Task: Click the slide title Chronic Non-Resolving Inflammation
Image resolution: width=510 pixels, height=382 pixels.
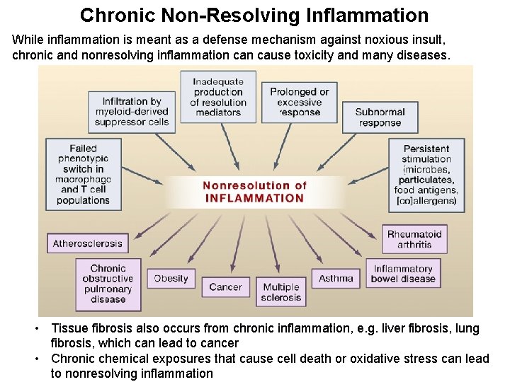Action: point(254,15)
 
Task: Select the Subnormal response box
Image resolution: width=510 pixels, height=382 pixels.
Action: point(380,117)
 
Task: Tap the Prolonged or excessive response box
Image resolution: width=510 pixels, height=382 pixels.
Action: point(299,102)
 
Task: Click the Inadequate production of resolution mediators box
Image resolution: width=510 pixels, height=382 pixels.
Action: point(218,97)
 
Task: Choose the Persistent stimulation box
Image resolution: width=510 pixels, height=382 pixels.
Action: point(426,174)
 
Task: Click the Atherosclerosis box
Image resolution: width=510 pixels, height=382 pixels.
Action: point(87,243)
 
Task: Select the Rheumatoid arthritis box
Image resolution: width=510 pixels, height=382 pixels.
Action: point(414,239)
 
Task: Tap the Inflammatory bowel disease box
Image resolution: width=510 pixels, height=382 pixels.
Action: point(403,274)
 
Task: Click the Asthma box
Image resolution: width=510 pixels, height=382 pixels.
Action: point(336,278)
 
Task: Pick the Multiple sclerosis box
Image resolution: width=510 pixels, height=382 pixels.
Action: point(281,292)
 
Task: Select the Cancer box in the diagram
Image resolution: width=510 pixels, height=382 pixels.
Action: point(225,287)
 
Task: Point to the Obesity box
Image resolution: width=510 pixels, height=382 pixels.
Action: point(171,278)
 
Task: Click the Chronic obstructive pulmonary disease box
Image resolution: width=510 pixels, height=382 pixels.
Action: point(108,284)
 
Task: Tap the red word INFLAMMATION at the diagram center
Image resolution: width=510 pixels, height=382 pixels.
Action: point(254,198)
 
